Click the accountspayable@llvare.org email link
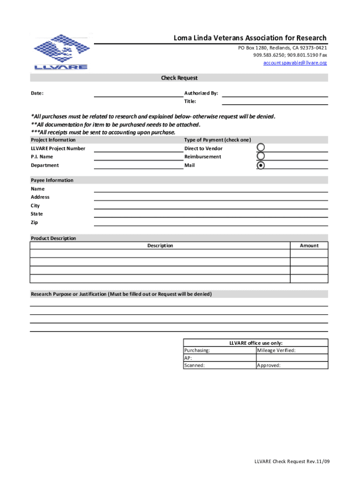295,63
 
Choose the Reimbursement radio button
261,157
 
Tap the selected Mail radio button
261,165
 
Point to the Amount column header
309,246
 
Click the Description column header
160,246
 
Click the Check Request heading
180,78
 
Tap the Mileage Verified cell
292,350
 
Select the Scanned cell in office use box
219,365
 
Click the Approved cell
292,365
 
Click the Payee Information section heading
52,180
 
